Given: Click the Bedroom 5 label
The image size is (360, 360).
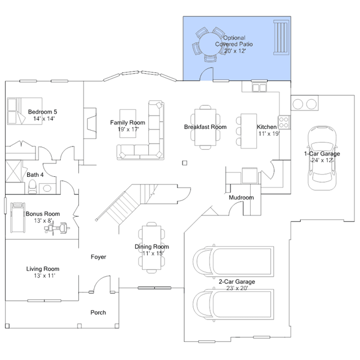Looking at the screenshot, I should coord(42,112).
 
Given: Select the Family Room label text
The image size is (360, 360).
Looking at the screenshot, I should coord(127,123).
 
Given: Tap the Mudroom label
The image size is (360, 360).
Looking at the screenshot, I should coord(241,198).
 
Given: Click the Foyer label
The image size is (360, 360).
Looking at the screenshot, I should coord(99,257).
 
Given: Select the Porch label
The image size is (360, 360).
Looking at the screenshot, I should coord(98,312).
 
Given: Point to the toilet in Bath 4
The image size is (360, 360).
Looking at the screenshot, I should coord(33,186).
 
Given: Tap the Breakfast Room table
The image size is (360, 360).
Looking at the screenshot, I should coord(205,127).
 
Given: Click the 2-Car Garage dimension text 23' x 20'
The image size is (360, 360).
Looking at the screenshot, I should coord(237,288).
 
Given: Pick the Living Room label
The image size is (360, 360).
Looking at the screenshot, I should coord(43,269).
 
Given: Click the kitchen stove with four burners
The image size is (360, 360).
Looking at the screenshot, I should coord(283,121).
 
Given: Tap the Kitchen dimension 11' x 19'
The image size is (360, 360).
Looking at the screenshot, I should coord(269,134).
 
